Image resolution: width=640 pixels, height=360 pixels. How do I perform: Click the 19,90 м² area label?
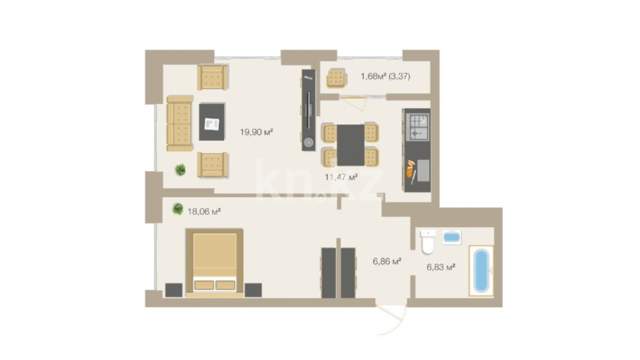click(x=257, y=132)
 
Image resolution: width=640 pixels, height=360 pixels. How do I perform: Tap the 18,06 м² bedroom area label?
click(x=204, y=212)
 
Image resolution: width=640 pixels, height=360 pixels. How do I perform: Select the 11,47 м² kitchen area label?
click(x=341, y=177)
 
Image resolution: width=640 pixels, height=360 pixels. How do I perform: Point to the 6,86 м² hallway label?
click(x=387, y=261)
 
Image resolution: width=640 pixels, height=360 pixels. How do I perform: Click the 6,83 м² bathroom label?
click(x=441, y=267)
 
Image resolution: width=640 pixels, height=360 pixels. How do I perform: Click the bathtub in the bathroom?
click(x=481, y=270)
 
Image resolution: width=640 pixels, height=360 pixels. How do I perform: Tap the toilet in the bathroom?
click(x=428, y=242)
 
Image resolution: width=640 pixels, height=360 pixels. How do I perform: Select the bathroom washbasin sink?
click(x=452, y=237)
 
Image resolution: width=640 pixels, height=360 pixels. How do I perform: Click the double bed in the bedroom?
click(x=215, y=262)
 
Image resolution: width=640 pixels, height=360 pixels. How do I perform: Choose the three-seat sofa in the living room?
click(x=179, y=123)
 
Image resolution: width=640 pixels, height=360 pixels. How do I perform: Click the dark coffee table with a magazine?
click(x=212, y=122)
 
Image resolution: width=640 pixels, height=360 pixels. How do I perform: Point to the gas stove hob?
click(x=418, y=127)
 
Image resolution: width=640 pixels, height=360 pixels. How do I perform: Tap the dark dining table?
click(x=351, y=145)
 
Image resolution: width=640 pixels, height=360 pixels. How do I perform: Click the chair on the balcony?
click(x=337, y=78)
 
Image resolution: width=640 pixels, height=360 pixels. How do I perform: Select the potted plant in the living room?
click(x=180, y=169)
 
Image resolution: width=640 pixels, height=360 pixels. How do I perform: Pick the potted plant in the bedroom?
click(x=178, y=208)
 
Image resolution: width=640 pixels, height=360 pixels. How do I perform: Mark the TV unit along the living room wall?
click(x=309, y=110)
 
